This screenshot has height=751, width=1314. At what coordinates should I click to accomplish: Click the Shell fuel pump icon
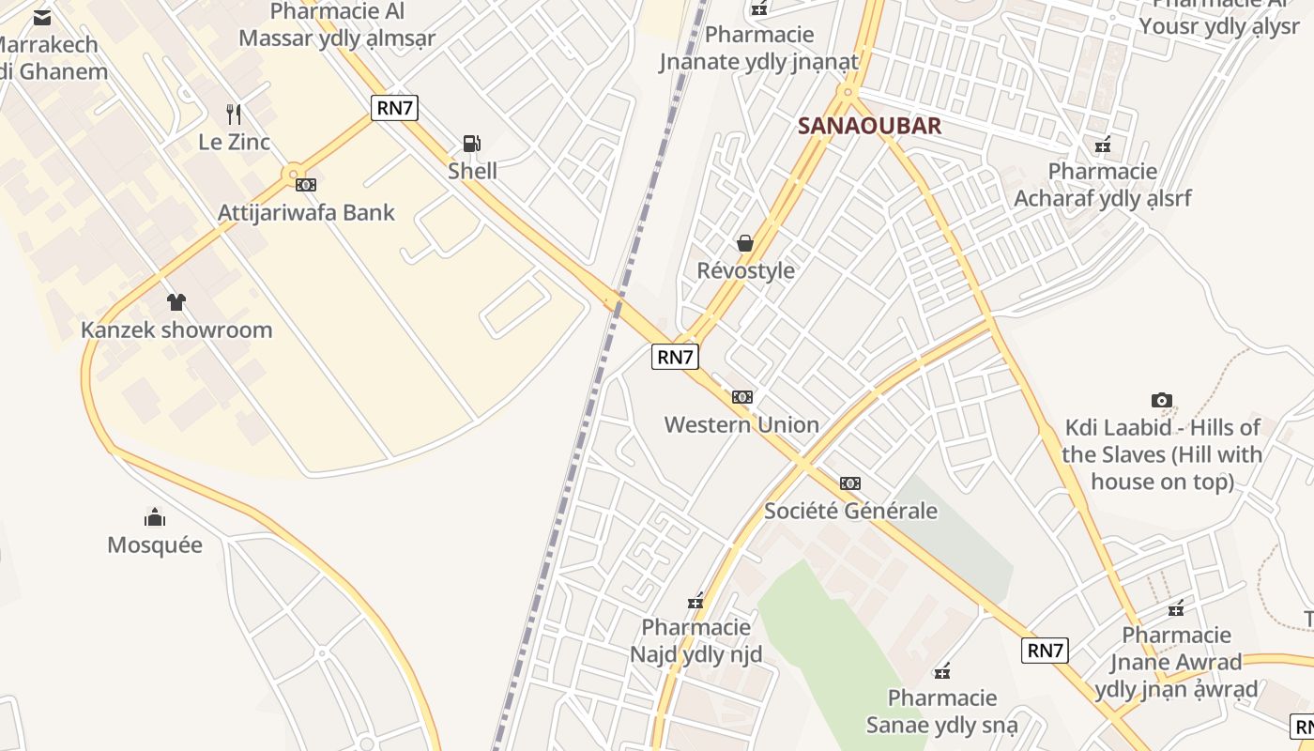click(x=471, y=144)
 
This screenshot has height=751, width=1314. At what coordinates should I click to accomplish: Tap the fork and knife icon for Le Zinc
click(x=234, y=115)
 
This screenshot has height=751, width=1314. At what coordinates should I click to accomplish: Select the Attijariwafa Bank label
click(x=306, y=212)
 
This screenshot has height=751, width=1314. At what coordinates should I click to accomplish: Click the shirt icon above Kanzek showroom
click(x=176, y=302)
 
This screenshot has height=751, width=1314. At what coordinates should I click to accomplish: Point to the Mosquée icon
click(x=155, y=517)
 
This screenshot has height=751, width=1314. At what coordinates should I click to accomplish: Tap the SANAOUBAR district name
click(x=869, y=126)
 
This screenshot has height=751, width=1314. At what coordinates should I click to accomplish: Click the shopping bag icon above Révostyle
click(x=745, y=244)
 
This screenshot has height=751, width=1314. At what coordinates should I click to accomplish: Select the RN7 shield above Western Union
click(x=675, y=357)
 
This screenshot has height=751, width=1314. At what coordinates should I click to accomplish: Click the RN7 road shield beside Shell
click(x=394, y=108)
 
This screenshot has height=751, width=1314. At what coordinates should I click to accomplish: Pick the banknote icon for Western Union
click(x=742, y=397)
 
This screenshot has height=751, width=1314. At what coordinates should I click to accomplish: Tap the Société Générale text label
click(x=850, y=511)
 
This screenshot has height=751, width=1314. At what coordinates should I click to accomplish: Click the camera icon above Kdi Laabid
click(x=1162, y=401)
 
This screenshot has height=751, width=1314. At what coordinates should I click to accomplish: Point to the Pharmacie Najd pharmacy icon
click(x=695, y=602)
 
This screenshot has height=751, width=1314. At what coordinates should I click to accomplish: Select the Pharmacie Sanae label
click(x=941, y=712)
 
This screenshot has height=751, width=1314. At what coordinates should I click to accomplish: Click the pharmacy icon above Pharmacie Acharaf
click(x=1103, y=146)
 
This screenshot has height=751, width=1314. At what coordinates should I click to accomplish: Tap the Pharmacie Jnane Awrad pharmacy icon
click(x=1176, y=608)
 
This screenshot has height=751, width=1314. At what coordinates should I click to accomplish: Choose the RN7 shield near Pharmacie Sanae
click(x=1045, y=651)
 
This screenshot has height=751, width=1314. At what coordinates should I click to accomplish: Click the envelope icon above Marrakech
click(x=42, y=17)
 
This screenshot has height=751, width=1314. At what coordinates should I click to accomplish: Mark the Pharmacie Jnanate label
click(x=759, y=49)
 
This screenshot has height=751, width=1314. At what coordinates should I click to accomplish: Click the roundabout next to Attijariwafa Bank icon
click(x=294, y=175)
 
